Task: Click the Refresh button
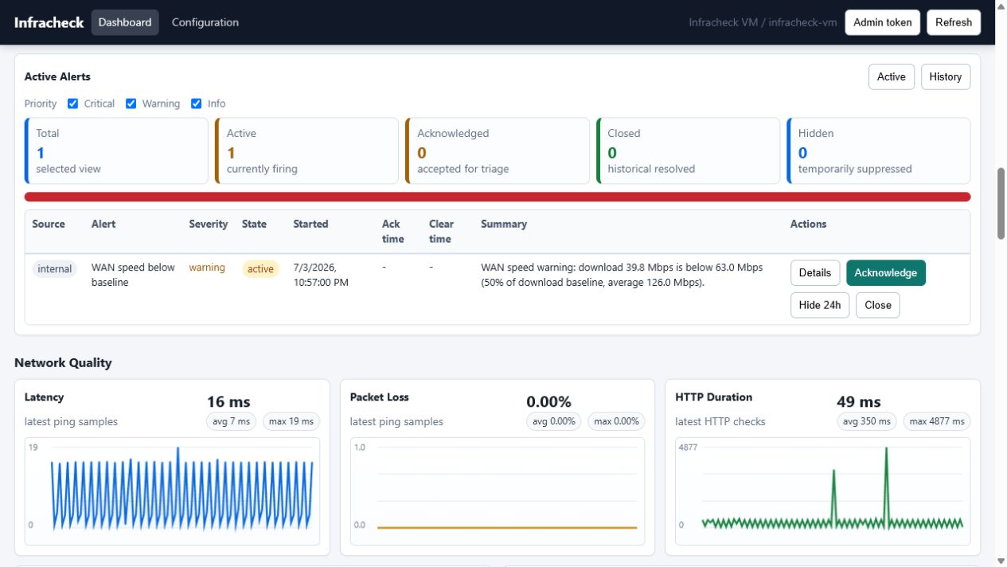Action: [x=953, y=22]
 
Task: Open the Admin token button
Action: [x=882, y=22]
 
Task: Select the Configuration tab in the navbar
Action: [x=205, y=22]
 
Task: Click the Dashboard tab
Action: [x=125, y=22]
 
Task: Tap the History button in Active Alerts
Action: [x=946, y=77]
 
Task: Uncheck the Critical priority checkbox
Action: [x=72, y=104]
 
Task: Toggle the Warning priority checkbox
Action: [x=131, y=104]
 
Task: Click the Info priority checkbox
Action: [x=196, y=104]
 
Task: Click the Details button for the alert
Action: [x=814, y=273]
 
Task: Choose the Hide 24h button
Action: [x=820, y=305]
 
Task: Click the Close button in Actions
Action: [x=877, y=305]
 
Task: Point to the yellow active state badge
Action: [x=260, y=269]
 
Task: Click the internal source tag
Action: [x=54, y=269]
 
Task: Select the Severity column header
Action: [x=208, y=224]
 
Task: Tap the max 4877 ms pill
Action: [x=937, y=421]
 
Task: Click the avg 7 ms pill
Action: [x=231, y=421]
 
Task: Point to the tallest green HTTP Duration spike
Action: [x=886, y=448]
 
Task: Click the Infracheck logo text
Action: [x=49, y=22]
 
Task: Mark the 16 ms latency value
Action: [x=228, y=401]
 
